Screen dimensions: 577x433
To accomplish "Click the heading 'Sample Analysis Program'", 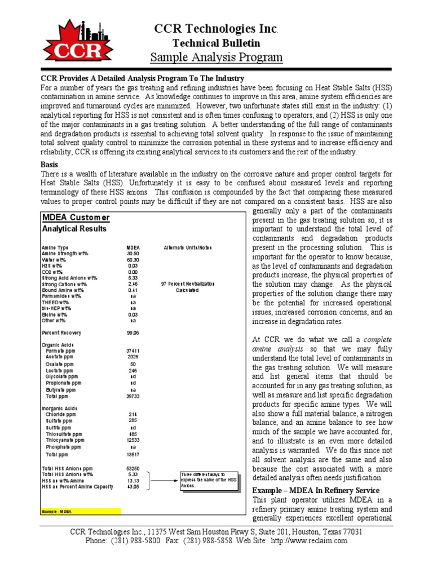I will [216, 57].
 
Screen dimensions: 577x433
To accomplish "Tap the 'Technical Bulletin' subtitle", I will [216, 43].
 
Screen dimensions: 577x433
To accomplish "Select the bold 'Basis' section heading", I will [50, 165].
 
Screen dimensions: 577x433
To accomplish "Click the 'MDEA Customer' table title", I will [76, 218].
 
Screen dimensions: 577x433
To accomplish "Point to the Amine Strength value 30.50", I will [133, 254].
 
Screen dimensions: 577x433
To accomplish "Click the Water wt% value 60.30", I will [133, 260].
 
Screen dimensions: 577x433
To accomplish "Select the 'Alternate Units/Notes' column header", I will [188, 247].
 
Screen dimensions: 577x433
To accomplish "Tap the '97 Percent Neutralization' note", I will [188, 284].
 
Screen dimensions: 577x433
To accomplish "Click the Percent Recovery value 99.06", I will [133, 332].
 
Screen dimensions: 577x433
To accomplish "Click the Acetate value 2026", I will [133, 357].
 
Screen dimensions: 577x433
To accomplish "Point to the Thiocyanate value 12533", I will [133, 440].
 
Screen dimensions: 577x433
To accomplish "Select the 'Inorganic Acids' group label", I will [60, 408].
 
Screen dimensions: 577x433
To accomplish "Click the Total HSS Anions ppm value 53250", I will [133, 468].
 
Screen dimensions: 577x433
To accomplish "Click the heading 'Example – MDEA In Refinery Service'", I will [316, 490].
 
